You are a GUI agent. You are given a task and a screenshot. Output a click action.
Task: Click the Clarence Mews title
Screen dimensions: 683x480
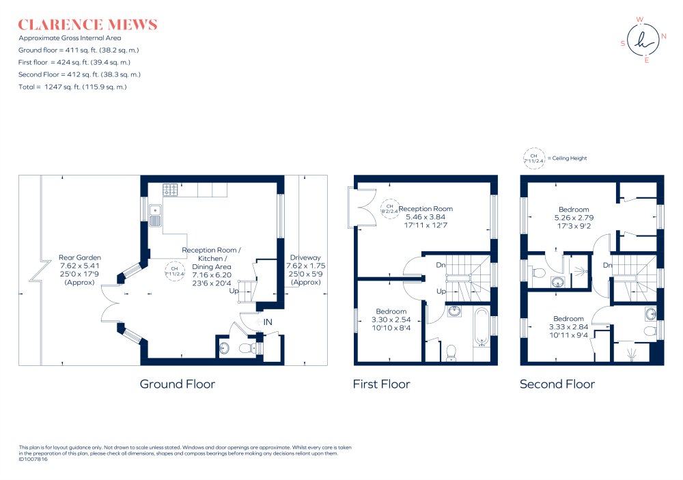pos(87,25)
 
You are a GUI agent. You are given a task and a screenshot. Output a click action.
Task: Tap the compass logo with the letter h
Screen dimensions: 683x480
pos(643,40)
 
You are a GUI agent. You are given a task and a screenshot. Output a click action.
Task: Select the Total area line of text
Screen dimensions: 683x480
pos(72,87)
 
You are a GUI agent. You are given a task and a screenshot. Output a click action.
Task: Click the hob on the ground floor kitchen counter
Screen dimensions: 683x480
pos(170,190)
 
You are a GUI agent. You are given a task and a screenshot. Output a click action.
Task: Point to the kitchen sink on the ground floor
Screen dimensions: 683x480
pos(155,216)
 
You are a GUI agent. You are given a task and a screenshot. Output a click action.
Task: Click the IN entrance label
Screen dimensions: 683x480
pos(268,322)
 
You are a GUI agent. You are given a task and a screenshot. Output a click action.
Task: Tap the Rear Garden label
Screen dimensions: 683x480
pos(80,257)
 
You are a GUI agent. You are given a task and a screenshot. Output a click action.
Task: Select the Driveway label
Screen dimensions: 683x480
pos(305,257)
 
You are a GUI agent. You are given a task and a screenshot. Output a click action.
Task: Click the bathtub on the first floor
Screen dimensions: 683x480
pos(482,326)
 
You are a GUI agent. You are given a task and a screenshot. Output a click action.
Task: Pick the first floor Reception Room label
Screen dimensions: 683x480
pos(426,209)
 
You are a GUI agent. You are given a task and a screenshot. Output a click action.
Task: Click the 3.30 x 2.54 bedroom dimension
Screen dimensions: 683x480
pos(391,320)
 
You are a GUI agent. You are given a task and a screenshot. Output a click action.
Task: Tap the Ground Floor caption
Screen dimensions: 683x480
pos(178,384)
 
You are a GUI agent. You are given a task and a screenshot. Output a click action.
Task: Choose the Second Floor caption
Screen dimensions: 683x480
pos(557,384)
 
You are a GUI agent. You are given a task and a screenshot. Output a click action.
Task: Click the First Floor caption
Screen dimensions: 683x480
pos(382,384)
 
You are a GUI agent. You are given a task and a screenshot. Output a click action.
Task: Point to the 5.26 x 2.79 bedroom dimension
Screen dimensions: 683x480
pos(574,218)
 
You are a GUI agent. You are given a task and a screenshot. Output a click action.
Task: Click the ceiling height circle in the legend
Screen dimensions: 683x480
pos(533,158)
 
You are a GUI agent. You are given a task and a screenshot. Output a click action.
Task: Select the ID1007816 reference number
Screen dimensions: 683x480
pos(33,459)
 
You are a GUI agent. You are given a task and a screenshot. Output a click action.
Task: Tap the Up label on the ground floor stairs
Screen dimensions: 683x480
pos(234,291)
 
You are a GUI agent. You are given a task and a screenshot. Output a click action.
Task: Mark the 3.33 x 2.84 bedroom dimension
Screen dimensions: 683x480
pos(568,327)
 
